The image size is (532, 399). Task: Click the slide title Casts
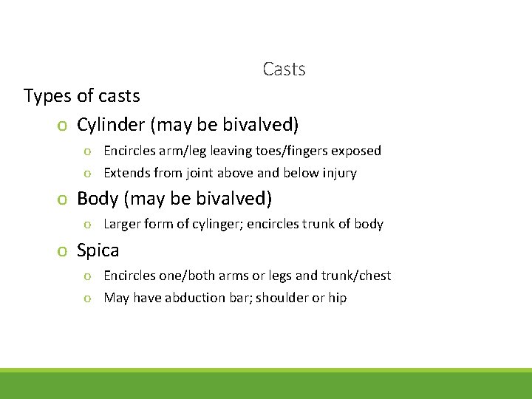[284, 69]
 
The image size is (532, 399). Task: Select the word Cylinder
[111, 125]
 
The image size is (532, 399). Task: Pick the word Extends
[127, 173]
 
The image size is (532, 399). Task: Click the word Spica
[98, 250]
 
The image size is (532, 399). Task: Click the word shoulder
[280, 298]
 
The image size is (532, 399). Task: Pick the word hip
[337, 298]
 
